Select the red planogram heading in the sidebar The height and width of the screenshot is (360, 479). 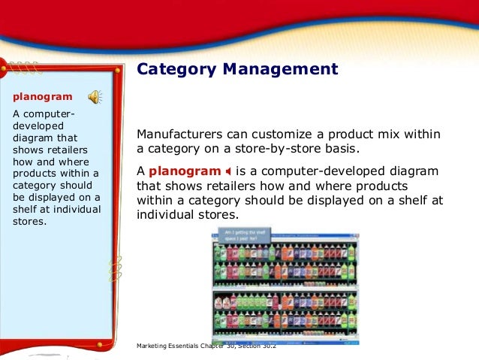coord(43,97)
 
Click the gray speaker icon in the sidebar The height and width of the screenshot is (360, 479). coord(95,97)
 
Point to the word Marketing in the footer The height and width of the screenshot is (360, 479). coord(153,345)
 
